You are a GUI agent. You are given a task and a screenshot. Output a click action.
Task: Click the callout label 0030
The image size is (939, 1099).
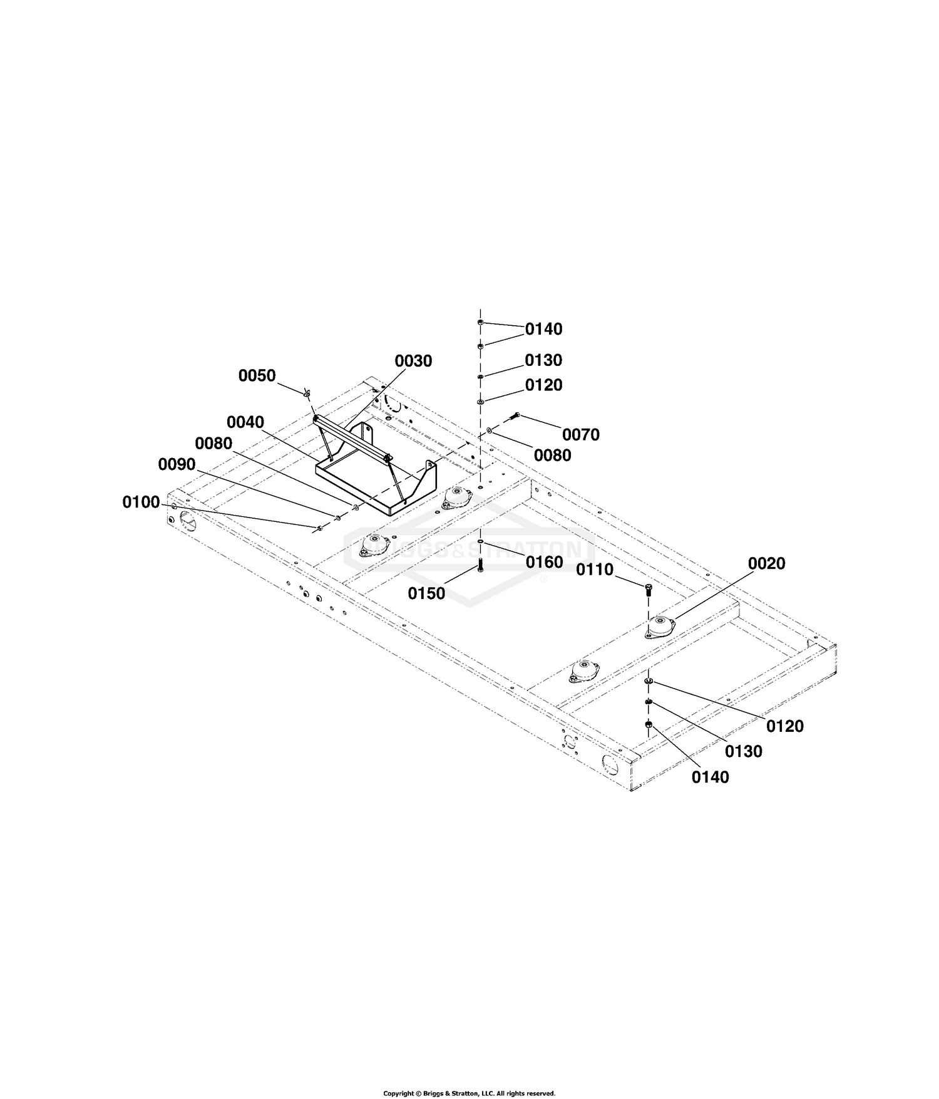[x=413, y=361]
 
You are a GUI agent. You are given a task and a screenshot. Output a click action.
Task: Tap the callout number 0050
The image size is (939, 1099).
[x=257, y=375]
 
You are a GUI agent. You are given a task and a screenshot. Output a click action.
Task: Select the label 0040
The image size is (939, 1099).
[x=245, y=422]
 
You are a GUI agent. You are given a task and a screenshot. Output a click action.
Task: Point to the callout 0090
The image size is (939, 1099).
[x=177, y=464]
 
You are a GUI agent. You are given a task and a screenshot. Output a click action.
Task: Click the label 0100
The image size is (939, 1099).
[x=141, y=502]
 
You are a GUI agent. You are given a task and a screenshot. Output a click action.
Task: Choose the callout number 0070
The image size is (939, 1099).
[x=581, y=434]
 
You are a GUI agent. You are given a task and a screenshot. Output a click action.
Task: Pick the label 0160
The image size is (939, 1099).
[x=545, y=562]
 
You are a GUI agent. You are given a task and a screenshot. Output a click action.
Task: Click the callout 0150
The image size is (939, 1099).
[x=426, y=593]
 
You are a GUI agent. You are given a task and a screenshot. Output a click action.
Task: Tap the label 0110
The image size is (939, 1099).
[x=595, y=570]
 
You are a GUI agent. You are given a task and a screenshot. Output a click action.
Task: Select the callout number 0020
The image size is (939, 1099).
[x=767, y=563]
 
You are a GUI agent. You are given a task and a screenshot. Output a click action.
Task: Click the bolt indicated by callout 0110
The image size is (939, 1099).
[x=648, y=589]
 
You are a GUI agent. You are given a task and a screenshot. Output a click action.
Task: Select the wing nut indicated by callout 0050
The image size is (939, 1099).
[x=306, y=393]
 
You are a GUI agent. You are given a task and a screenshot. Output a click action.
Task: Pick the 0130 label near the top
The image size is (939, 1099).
[x=543, y=360]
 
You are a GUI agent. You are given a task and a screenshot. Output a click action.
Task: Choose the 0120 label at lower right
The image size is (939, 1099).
[x=785, y=726]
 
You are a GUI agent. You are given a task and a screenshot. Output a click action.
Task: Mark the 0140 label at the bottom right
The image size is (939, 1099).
[x=711, y=777]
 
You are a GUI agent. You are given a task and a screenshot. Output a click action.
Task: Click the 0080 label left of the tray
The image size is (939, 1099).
[x=213, y=443]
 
